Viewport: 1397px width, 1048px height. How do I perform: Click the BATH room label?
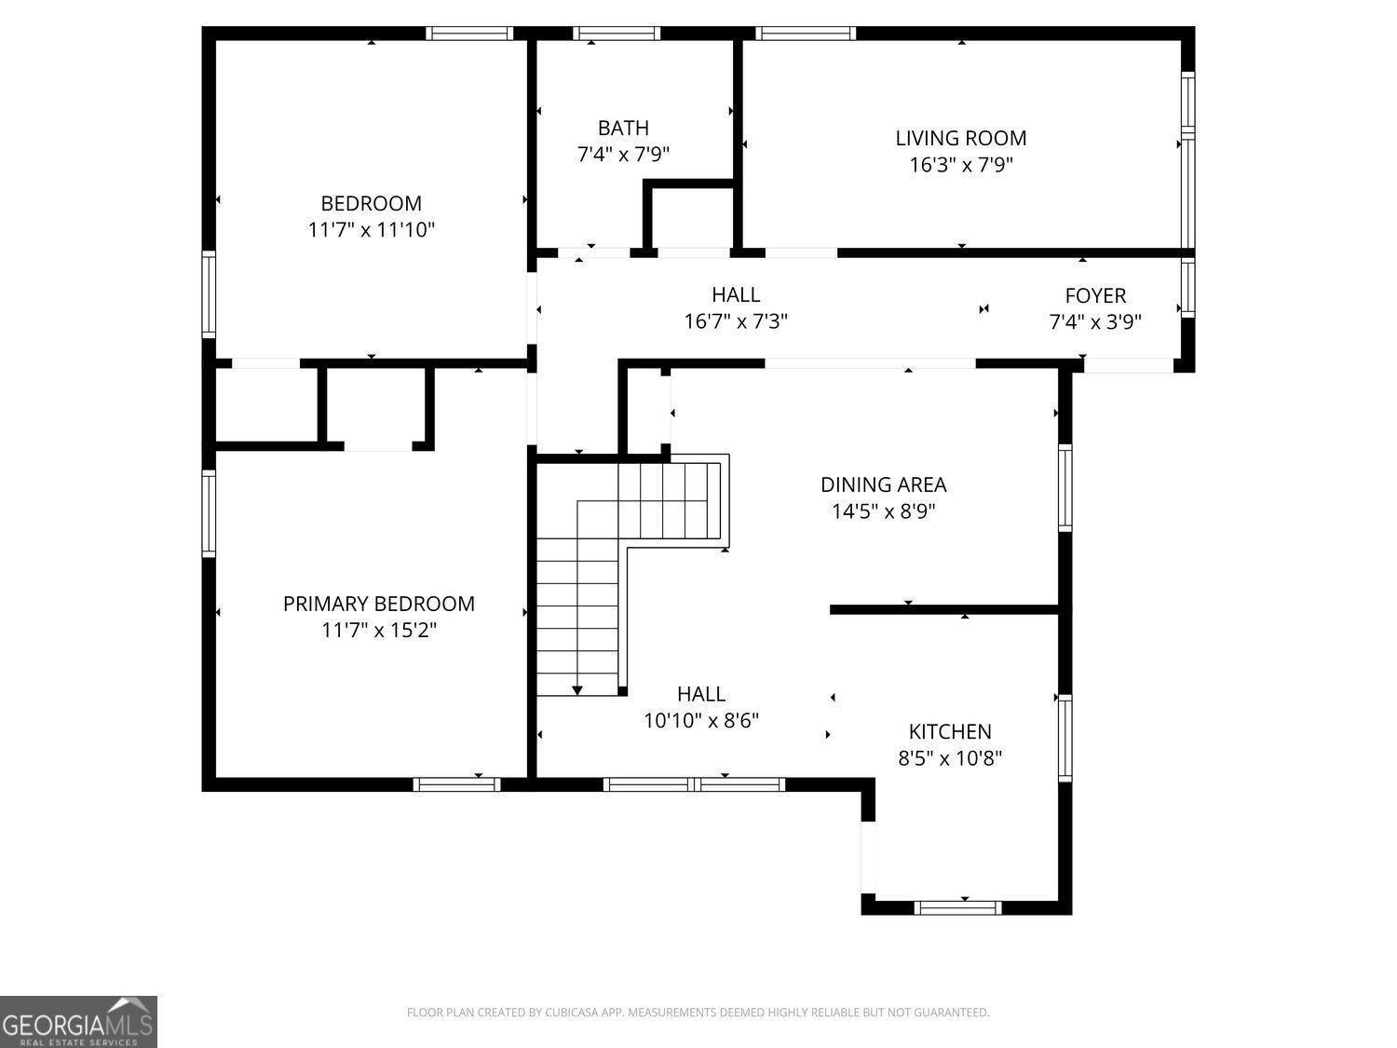point(623,128)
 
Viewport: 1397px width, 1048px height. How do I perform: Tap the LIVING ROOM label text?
point(960,138)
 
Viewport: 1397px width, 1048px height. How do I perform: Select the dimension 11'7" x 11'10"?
point(372,229)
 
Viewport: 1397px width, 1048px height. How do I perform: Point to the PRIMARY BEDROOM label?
point(378,604)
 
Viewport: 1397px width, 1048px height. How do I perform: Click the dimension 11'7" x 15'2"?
point(378,631)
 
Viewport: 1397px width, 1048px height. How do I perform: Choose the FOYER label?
point(1095,295)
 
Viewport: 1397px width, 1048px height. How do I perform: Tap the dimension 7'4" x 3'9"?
point(1095,321)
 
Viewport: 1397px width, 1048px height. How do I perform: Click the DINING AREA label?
point(883,484)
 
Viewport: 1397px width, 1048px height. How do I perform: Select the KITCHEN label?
point(950,731)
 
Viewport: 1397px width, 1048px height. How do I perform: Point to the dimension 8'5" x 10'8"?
point(950,758)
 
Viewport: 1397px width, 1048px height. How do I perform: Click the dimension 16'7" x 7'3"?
point(736,321)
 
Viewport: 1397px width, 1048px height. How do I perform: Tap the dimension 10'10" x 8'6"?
point(701,720)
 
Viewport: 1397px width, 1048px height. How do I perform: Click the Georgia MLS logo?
point(78,1022)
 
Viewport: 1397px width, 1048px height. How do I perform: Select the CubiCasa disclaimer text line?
point(698,1013)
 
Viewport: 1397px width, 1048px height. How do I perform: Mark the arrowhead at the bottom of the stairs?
point(577,690)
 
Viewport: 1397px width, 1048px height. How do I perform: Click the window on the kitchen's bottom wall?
point(958,907)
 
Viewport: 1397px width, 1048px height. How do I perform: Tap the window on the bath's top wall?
point(617,34)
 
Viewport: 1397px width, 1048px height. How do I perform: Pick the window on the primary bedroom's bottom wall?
point(456,784)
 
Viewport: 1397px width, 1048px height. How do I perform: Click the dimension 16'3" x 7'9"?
point(960,165)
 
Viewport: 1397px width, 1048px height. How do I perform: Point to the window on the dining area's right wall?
point(1065,488)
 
